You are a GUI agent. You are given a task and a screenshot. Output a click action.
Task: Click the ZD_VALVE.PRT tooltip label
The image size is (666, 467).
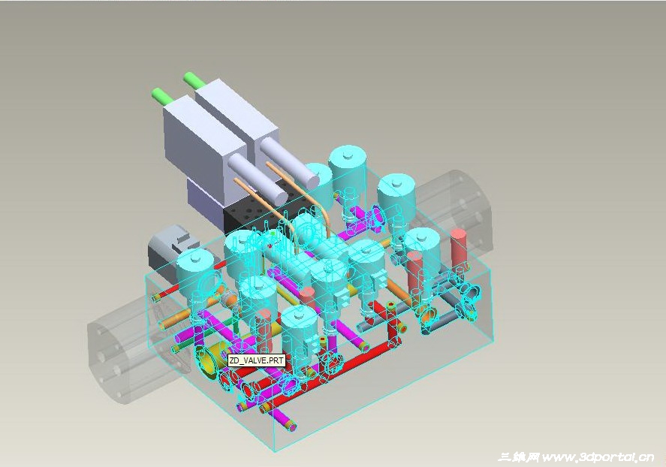click(x=256, y=360)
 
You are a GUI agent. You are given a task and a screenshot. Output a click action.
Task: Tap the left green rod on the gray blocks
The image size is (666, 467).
click(x=162, y=95)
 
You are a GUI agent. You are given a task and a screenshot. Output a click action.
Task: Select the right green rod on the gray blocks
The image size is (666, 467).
click(x=194, y=80)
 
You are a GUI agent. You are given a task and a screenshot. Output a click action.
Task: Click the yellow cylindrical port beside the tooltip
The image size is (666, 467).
click(x=212, y=359)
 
